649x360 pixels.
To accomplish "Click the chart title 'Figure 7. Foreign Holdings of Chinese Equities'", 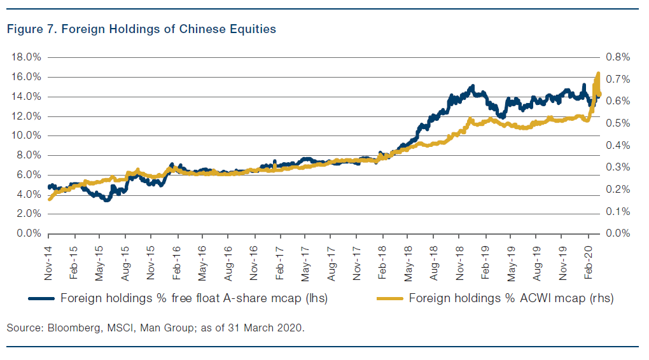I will [x=141, y=30].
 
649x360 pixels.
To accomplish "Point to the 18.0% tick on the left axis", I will [x=27, y=57].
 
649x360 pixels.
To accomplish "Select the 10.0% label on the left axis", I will [x=27, y=135].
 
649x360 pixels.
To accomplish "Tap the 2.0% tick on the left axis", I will [x=28, y=214].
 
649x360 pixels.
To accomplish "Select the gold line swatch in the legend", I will [x=389, y=298].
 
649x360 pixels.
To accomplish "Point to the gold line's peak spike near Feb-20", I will [x=598, y=74].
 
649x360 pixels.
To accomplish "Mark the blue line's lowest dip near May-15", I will [x=107, y=200].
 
